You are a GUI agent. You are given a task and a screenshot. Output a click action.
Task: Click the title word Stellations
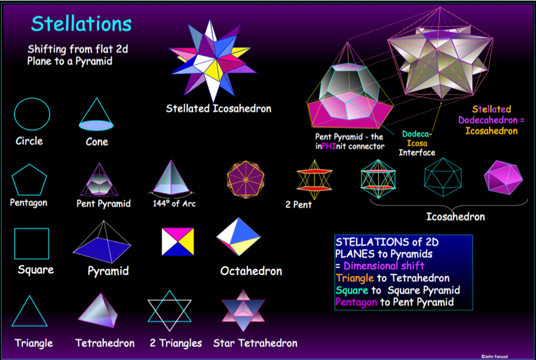coord(81,24)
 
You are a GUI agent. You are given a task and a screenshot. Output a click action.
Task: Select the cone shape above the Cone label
coord(96,115)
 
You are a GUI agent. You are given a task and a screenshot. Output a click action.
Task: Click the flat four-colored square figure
coord(177,242)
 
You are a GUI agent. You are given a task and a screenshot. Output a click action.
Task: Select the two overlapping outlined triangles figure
coord(169,300)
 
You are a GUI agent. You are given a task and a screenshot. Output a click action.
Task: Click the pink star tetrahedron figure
coord(243,310)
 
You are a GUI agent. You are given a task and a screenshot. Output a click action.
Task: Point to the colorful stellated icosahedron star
coord(213,61)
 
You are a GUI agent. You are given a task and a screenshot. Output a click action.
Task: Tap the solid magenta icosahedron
coord(503,177)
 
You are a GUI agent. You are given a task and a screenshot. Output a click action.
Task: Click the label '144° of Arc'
coord(174,204)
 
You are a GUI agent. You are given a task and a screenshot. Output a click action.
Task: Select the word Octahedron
coord(251,271)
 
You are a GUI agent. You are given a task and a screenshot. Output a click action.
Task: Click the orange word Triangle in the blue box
coord(355,278)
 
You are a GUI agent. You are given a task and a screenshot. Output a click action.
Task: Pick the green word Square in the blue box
coord(352,290)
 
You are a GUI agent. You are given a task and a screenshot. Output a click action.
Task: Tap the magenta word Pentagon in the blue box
coord(356,302)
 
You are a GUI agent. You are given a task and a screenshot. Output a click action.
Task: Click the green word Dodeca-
coord(417,134)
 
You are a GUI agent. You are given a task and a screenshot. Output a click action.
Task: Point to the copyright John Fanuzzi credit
coord(494,356)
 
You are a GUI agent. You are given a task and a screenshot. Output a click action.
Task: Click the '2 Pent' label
coord(298,205)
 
